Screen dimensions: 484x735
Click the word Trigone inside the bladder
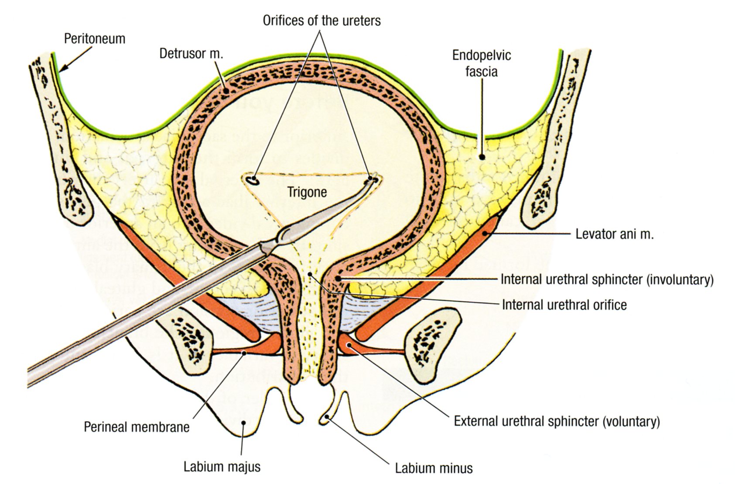click(307, 192)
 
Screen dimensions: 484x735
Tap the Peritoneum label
click(95, 38)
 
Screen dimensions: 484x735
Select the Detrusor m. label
click(191, 54)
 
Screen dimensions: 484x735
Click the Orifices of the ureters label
click(321, 21)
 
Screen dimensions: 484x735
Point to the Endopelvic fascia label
click(481, 63)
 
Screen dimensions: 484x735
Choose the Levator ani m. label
click(614, 234)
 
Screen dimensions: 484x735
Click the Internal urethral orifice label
click(564, 305)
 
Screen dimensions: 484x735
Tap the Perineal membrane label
click(137, 427)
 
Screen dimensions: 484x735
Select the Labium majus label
click(222, 467)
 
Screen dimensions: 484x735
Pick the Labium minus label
click(434, 468)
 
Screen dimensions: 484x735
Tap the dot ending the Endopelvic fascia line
click(482, 156)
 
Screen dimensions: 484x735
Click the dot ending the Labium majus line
click(244, 422)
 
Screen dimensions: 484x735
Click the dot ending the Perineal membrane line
click(245, 352)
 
